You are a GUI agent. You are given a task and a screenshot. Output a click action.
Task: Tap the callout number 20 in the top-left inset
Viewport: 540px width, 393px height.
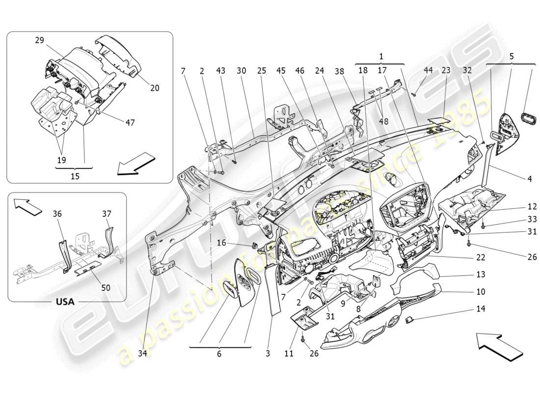pyautogui.click(x=155, y=88)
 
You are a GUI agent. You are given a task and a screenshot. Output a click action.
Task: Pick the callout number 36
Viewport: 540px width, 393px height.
pyautogui.click(x=57, y=214)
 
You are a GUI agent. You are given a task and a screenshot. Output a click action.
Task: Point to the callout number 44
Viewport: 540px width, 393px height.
pyautogui.click(x=429, y=70)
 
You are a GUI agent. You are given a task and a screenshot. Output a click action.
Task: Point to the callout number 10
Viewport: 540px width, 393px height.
pyautogui.click(x=480, y=292)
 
